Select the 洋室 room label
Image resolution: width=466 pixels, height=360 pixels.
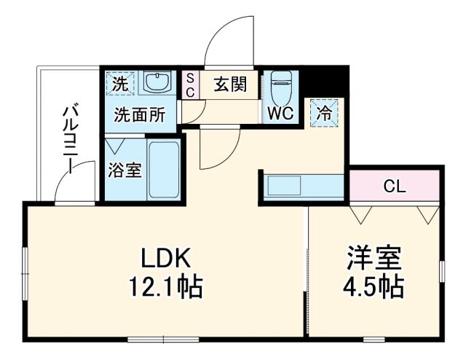point(374,258)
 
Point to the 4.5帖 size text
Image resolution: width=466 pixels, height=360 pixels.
point(374,286)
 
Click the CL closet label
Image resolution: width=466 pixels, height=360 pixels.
point(395,187)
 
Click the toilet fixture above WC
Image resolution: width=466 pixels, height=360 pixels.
point(280,88)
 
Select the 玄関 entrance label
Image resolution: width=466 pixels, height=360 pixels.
point(230,85)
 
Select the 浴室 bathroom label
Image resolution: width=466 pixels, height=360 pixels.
point(125,171)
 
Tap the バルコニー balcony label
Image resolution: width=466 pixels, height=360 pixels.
point(71,138)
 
